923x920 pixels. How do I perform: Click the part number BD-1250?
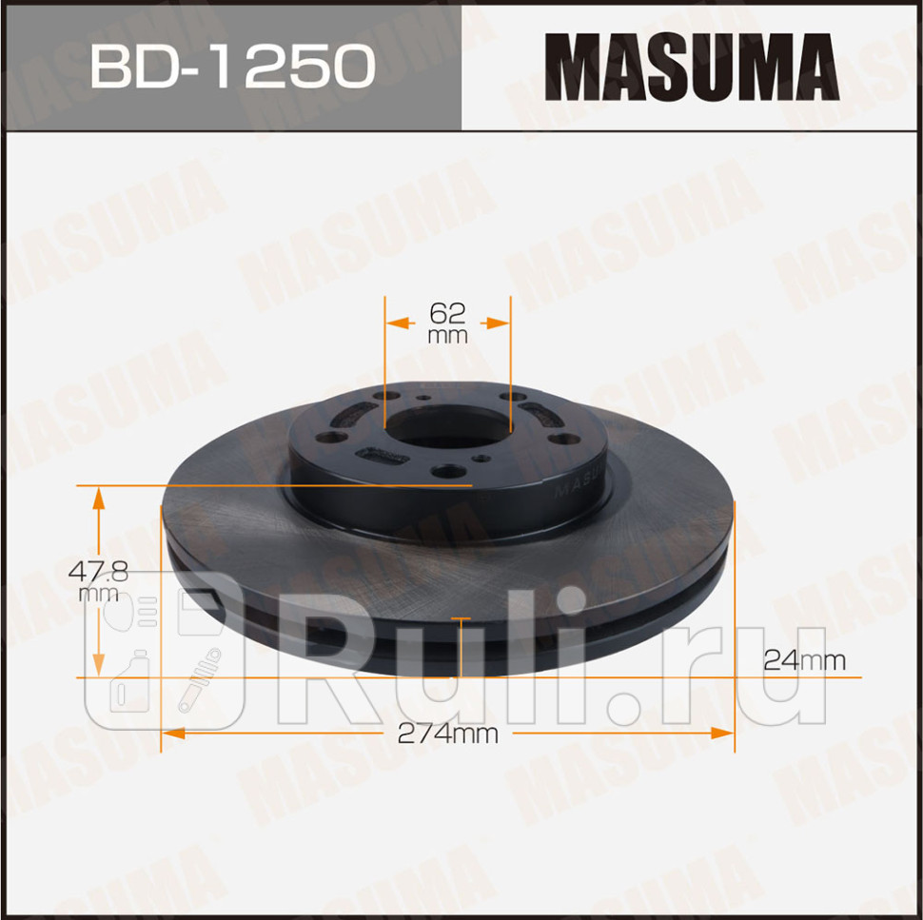[x=231, y=67]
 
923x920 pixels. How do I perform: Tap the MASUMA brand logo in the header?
[x=692, y=68]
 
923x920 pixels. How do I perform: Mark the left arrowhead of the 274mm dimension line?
[x=172, y=734]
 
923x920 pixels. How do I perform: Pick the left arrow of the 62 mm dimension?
[x=395, y=323]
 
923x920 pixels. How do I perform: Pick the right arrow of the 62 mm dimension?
[x=501, y=323]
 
